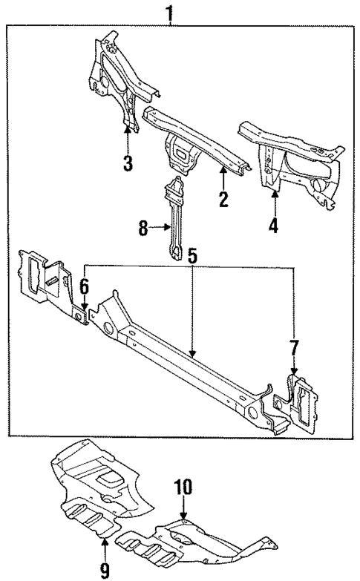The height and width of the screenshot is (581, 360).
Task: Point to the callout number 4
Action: click(x=273, y=223)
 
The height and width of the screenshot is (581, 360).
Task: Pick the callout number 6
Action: click(x=84, y=285)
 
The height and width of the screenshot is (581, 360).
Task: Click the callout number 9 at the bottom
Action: click(x=105, y=571)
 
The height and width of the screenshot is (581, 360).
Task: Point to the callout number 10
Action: click(x=183, y=487)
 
